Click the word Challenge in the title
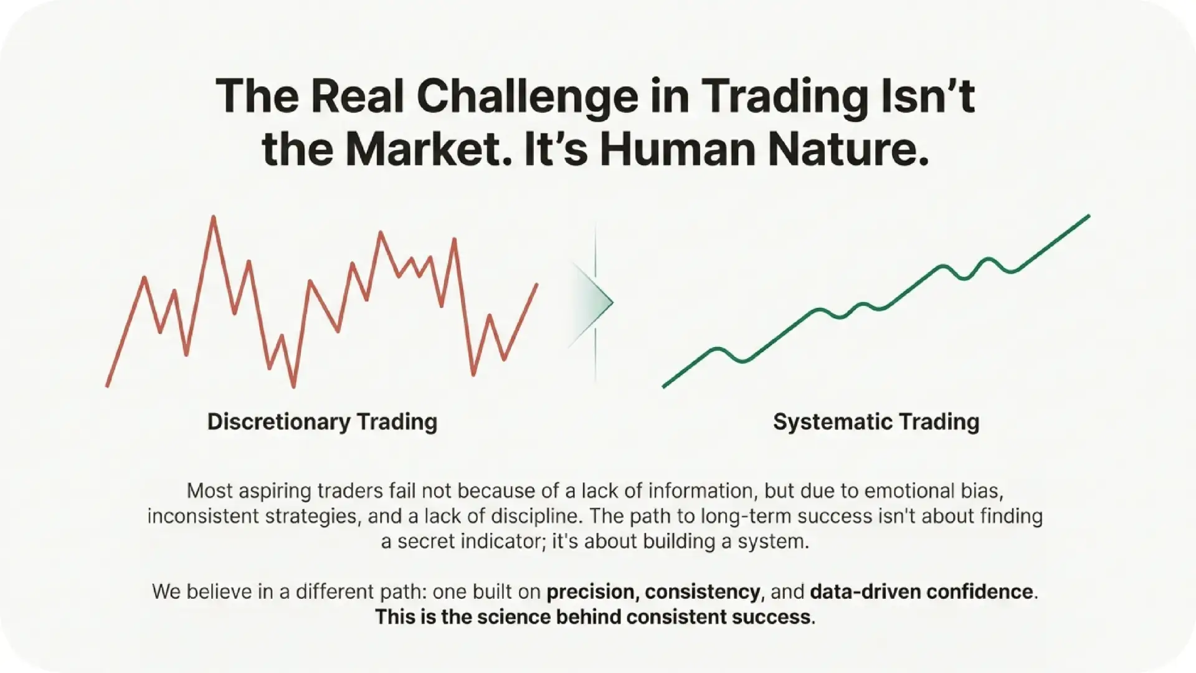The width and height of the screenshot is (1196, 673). click(527, 97)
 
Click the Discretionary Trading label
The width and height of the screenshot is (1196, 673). click(322, 422)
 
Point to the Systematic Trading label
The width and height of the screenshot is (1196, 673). click(876, 422)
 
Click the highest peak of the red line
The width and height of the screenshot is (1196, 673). click(214, 217)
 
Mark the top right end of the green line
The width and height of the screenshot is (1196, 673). click(1088, 216)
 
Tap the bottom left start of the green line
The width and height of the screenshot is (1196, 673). click(664, 386)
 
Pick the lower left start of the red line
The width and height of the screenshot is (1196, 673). click(108, 386)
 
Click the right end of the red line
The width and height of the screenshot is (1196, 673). click(536, 285)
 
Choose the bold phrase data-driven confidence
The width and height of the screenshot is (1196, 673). click(921, 591)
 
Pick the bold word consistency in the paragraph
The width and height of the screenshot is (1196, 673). click(702, 591)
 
